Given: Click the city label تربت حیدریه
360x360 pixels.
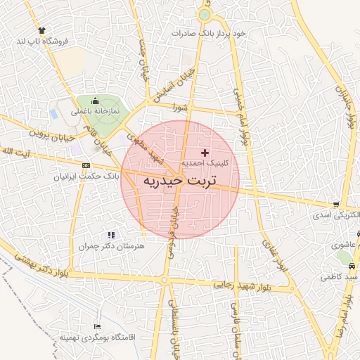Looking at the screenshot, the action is (180, 181).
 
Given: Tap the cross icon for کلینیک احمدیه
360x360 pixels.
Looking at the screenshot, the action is (205, 153).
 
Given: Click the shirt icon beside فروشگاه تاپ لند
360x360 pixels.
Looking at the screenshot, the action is (43, 30).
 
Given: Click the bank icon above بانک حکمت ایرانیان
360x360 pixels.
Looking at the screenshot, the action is (86, 166).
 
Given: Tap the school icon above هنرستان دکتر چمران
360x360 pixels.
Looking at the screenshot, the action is (110, 235).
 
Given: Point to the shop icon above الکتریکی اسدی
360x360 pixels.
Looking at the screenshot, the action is (335, 204).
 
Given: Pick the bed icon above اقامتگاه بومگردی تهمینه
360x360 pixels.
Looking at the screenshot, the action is (97, 327).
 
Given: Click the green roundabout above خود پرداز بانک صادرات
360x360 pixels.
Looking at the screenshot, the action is (204, 15).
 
